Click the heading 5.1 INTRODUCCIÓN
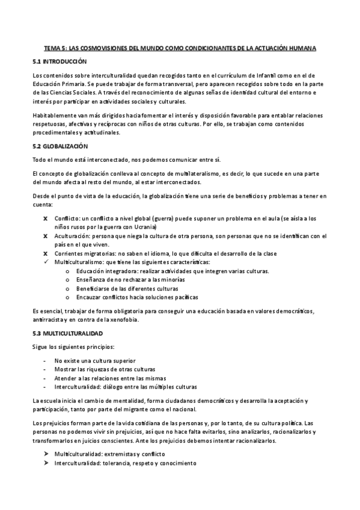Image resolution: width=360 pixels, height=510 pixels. point(59,62)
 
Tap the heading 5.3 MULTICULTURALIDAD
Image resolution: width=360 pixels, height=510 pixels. point(67,333)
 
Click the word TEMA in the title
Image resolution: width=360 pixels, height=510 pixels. point(53,48)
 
